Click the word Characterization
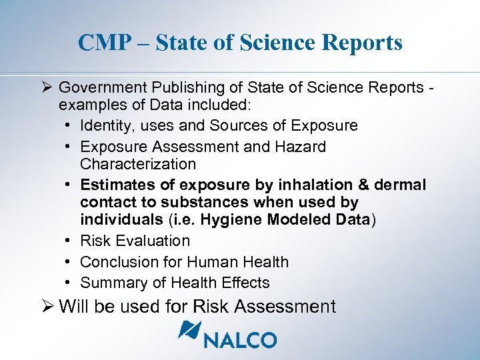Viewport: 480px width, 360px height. (x=138, y=164)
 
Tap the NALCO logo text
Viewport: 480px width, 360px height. (x=239, y=339)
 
